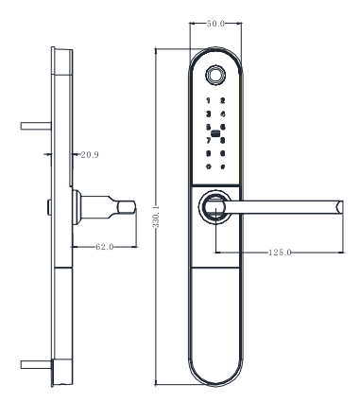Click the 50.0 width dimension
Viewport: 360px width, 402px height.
point(215,24)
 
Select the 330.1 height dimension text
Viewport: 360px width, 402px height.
point(156,217)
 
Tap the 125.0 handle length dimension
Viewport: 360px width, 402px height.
point(280,253)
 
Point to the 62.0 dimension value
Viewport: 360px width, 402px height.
point(105,247)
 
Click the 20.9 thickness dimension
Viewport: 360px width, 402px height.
point(90,155)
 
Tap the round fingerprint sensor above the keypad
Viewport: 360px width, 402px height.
point(215,75)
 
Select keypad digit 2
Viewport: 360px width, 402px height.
point(223,101)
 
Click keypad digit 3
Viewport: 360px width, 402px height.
point(208,114)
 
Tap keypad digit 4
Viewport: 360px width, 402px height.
point(223,114)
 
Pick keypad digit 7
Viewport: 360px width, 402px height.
point(208,141)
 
